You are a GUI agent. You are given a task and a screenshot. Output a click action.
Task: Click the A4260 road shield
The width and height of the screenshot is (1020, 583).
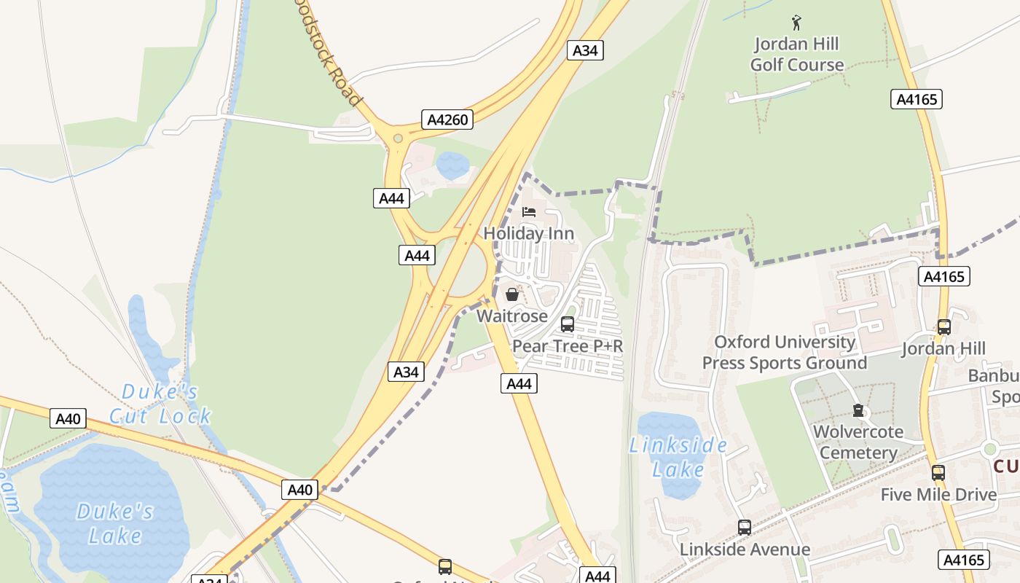click(x=447, y=120)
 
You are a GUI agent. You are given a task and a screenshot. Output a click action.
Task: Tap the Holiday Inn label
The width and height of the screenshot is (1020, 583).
click(x=529, y=234)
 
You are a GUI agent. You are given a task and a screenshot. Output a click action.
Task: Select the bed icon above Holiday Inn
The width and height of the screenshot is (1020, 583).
click(x=529, y=212)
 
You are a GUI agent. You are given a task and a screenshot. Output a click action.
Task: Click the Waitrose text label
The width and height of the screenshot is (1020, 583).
click(x=512, y=316)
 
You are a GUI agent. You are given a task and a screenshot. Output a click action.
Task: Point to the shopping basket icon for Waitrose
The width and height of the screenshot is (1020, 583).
click(x=512, y=294)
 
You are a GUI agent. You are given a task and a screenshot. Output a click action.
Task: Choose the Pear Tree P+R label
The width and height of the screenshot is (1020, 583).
click(x=568, y=346)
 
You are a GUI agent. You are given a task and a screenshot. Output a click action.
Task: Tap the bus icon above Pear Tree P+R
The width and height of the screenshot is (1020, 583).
click(x=568, y=324)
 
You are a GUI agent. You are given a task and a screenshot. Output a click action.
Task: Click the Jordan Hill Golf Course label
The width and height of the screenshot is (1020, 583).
click(x=796, y=55)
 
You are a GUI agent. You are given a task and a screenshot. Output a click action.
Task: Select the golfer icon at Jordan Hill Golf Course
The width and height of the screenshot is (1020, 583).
click(x=796, y=23)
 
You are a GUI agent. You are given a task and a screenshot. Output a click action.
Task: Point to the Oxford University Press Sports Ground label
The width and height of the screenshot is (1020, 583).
click(x=784, y=353)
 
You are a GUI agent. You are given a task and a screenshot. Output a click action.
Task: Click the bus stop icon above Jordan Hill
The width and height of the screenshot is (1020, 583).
click(x=944, y=327)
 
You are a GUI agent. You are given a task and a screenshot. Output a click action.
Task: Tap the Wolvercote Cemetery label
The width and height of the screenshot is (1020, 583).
click(x=858, y=442)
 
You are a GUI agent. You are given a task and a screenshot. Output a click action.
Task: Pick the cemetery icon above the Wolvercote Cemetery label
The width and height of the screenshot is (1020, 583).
click(x=858, y=411)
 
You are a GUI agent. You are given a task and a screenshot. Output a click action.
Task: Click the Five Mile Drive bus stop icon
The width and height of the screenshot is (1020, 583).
click(x=938, y=472)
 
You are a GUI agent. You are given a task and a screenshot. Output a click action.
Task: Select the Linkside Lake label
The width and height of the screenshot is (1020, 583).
click(x=678, y=457)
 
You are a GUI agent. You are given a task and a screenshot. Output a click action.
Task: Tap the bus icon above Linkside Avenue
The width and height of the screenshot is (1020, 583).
click(x=744, y=528)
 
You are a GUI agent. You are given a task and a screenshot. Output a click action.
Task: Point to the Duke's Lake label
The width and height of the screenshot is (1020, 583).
click(x=115, y=523)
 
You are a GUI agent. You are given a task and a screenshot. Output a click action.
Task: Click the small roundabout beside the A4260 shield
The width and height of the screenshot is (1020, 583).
click(x=398, y=138)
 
